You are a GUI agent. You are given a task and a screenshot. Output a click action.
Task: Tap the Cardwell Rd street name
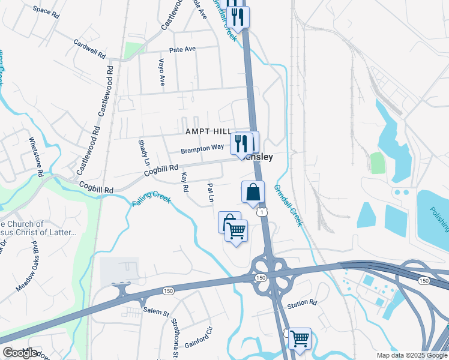89,49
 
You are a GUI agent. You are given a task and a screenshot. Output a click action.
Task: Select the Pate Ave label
182,50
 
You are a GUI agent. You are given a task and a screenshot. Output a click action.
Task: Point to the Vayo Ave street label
161,72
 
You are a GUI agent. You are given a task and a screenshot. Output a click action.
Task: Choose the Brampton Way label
202,147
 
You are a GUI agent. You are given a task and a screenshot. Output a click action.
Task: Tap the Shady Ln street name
143,152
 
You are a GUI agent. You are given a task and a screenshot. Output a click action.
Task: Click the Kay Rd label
185,183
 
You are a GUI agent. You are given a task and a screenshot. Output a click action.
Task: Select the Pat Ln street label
211,193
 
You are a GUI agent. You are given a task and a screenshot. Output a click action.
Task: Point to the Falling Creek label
151,199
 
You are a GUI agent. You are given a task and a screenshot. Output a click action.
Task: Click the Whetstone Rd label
37,157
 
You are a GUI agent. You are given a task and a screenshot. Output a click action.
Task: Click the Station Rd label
301,303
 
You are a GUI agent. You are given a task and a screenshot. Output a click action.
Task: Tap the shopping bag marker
253,192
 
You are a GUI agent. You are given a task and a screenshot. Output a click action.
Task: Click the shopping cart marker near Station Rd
300,338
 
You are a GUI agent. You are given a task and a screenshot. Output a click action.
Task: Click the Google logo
20,353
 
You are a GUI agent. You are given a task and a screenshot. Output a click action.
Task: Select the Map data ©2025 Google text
411,355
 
